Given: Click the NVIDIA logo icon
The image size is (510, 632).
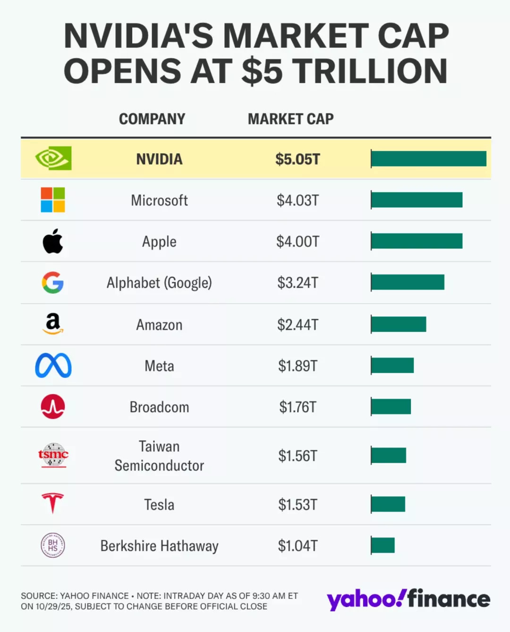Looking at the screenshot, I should (53, 158).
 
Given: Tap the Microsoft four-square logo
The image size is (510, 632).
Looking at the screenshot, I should (53, 200).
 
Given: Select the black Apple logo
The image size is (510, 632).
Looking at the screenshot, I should (53, 241).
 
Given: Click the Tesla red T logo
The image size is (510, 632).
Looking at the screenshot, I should (52, 503).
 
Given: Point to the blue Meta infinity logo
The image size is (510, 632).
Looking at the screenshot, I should (53, 366).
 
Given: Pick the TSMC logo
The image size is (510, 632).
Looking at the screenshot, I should (53, 455).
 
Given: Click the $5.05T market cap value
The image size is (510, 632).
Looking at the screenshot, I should (297, 159).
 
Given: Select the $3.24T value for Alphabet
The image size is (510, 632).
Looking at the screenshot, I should (297, 283).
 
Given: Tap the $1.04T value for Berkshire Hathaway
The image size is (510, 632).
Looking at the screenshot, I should (297, 546).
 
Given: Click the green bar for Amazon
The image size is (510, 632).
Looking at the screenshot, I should (399, 325).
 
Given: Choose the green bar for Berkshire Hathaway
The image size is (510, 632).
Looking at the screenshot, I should (383, 545).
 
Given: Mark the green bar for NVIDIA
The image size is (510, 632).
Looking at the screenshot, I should (428, 159).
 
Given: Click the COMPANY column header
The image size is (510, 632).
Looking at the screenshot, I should (152, 119).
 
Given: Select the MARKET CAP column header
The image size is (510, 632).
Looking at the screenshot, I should (290, 119).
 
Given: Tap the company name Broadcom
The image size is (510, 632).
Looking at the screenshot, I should (159, 407).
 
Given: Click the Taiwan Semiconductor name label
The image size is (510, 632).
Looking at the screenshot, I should (159, 456).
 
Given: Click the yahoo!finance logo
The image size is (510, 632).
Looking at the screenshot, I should (408, 599).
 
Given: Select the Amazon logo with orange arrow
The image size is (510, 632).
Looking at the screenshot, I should (53, 324).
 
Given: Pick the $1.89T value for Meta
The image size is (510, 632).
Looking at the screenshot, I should (297, 366).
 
